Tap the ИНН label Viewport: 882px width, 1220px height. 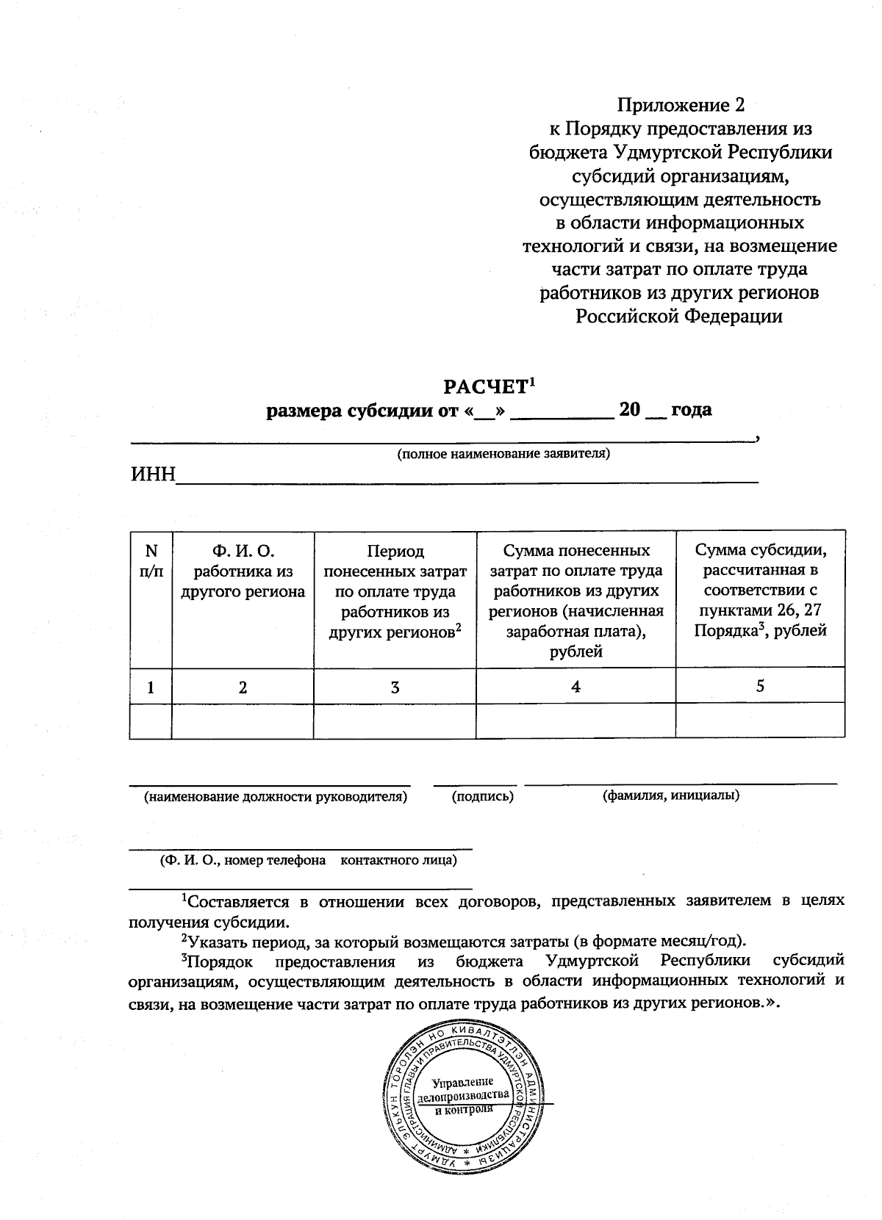click(x=153, y=474)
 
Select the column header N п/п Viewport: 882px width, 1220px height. click(x=151, y=560)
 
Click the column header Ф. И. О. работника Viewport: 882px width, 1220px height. click(x=243, y=571)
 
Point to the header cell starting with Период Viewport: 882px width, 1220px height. click(x=395, y=591)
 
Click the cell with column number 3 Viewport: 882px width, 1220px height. click(x=395, y=687)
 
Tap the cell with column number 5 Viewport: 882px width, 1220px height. click(x=760, y=686)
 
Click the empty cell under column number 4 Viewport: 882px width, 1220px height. click(x=576, y=721)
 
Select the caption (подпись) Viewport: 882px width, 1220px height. click(x=482, y=796)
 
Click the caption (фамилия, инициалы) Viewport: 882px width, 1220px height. click(x=670, y=795)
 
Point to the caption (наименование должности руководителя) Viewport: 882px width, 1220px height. click(x=275, y=796)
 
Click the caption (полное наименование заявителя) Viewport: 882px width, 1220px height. click(x=503, y=453)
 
